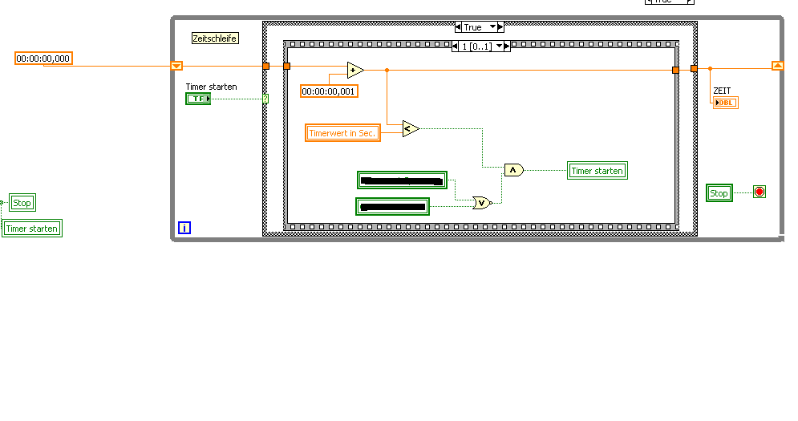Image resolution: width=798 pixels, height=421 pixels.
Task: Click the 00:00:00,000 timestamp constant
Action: [x=43, y=58]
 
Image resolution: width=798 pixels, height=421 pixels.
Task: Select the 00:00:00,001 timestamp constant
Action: [x=329, y=91]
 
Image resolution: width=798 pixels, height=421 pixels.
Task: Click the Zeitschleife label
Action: [x=215, y=38]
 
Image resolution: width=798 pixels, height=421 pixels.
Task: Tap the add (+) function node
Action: [x=354, y=70]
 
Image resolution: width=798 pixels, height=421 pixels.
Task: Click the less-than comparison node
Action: [x=410, y=128]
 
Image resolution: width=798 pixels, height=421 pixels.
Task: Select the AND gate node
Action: [x=513, y=170]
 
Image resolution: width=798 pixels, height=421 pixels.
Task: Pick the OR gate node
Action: [x=481, y=203]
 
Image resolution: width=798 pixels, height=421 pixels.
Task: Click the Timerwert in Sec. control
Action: [x=342, y=133]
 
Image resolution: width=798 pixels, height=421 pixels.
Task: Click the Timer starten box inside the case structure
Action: [x=597, y=170]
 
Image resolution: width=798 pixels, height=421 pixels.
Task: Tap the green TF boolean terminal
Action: [x=197, y=99]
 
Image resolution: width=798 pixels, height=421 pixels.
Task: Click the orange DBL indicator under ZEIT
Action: [x=725, y=102]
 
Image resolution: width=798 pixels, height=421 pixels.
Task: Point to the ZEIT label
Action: [x=722, y=91]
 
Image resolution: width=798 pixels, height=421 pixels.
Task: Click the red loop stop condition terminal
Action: [x=760, y=192]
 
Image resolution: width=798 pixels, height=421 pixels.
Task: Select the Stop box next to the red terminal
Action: [x=719, y=193]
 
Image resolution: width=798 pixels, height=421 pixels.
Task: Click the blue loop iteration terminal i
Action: [x=184, y=228]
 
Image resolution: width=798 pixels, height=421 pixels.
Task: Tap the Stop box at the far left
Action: [x=22, y=203]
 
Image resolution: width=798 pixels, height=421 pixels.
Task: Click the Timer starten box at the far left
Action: [x=32, y=229]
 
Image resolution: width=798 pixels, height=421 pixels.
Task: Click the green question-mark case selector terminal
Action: [x=265, y=99]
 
